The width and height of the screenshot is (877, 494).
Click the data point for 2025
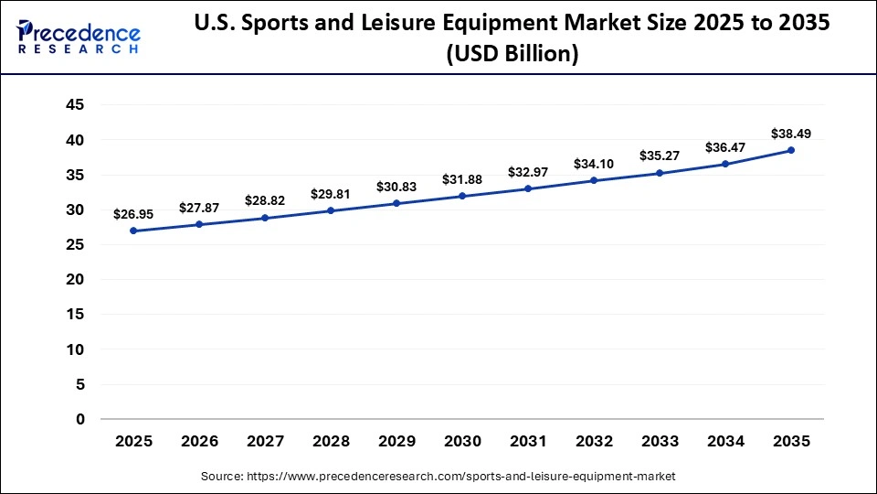pos(133,231)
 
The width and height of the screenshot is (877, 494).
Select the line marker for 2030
pos(462,196)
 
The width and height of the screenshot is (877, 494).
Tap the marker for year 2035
pos(791,150)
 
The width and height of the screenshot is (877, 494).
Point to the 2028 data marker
pos(331,210)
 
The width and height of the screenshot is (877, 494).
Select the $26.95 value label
pos(133,214)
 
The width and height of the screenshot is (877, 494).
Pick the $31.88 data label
pos(462,179)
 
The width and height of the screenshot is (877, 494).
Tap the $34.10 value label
pos(594,164)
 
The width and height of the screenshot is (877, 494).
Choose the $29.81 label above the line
pos(331,194)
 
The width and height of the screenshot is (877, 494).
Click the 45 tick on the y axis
pos(75,105)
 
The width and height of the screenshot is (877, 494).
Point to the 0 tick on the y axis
pos(80,419)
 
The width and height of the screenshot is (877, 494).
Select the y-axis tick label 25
pos(75,244)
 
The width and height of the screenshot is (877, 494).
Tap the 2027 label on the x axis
pos(265,441)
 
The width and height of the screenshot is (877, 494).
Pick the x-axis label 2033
pos(660,441)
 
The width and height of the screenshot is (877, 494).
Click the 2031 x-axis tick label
pos(528,441)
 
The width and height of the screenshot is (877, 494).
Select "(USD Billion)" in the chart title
pos(512,54)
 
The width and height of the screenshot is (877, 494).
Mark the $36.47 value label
pos(725,146)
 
